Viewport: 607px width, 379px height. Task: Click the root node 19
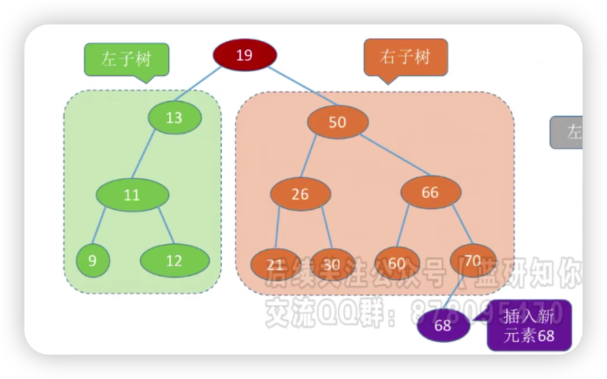point(244,56)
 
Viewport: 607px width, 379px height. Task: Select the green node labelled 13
point(174,118)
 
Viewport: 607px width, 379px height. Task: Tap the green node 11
point(132,195)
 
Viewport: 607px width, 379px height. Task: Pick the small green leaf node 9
point(92,260)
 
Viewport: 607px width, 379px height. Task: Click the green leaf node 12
point(174,260)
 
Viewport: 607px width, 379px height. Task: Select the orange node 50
point(337,122)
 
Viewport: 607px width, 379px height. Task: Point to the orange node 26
point(300,194)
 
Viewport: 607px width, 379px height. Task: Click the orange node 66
point(430,193)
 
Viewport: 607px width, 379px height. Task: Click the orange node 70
point(473,260)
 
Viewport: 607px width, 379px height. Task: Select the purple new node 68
point(443,326)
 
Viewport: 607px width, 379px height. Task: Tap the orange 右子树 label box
point(405,56)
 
